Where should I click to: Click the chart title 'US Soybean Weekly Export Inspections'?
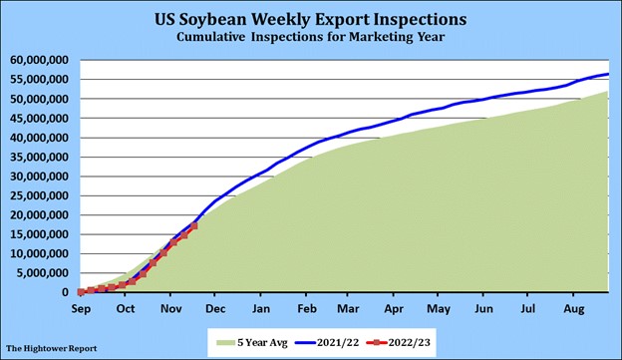(311, 19)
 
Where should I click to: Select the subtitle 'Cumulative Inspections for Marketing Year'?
(311, 37)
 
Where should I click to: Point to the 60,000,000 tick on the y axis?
(40, 60)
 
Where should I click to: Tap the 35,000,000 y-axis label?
(40, 157)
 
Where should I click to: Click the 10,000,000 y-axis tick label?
(40, 253)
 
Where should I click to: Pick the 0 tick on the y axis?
(69, 292)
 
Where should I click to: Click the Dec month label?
(214, 308)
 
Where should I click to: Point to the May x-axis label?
(438, 308)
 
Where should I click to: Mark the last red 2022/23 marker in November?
(193, 226)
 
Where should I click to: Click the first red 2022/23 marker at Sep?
(81, 292)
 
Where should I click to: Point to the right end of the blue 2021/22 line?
(609, 75)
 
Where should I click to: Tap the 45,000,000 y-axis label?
(40, 118)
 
